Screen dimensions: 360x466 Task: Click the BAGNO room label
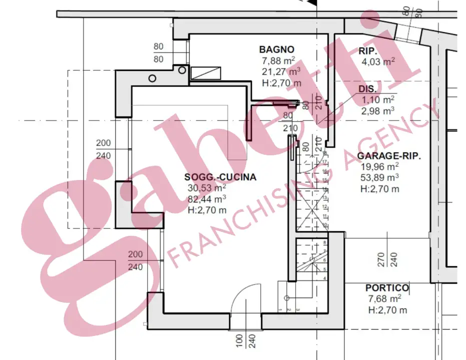point(276,49)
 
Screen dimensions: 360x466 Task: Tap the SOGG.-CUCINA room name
point(220,177)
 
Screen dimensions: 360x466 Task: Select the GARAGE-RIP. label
point(389,155)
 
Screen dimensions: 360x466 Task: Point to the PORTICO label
point(387,288)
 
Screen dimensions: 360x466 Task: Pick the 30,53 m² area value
point(207,188)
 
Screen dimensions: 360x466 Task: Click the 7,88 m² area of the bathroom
point(278,61)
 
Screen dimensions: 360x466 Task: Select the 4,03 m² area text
point(378,62)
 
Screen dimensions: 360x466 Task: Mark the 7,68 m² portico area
point(385,299)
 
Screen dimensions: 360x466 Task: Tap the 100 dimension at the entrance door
point(240,341)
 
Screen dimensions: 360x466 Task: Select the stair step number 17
point(324,162)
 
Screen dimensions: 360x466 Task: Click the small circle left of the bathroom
point(152,78)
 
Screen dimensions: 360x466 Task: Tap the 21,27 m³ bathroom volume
point(281,72)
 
